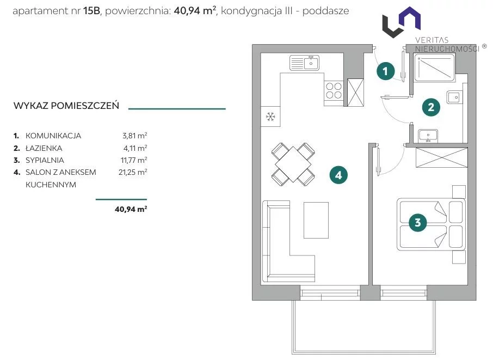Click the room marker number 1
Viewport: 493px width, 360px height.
click(385, 71)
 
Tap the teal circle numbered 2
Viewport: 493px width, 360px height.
click(431, 107)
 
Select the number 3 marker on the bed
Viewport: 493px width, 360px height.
click(417, 223)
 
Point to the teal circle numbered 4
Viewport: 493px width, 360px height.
click(338, 175)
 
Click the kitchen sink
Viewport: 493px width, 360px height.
click(304, 63)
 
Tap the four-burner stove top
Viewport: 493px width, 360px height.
click(334, 90)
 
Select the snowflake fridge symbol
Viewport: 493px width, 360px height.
click(270, 117)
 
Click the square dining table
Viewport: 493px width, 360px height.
click(293, 164)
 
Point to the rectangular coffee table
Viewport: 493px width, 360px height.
click(316, 220)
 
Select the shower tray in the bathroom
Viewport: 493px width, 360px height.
click(435, 68)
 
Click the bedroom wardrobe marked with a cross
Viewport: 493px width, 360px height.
click(441, 157)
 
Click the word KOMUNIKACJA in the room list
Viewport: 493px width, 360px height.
click(53, 136)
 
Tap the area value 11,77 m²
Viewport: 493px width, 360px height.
click(134, 160)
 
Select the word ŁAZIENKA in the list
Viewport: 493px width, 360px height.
click(44, 148)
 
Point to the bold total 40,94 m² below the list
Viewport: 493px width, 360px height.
click(131, 209)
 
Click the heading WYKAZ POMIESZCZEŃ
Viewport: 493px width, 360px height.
click(66, 106)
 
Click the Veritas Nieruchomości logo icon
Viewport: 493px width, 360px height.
click(402, 22)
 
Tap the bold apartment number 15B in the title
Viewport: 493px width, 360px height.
click(91, 11)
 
